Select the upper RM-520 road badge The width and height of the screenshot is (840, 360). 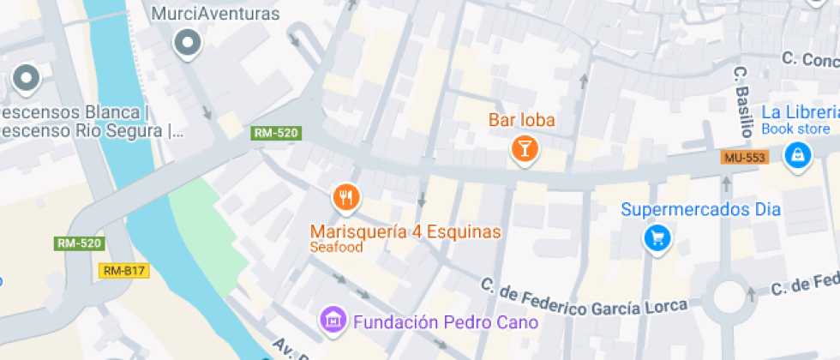click(x=276, y=133)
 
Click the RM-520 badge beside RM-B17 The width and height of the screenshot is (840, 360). click(x=79, y=243)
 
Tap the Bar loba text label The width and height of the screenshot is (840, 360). click(x=522, y=120)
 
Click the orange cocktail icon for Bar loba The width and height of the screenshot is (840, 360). click(x=523, y=148)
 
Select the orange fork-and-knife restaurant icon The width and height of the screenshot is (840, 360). click(x=345, y=198)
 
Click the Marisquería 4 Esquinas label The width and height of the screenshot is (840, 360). click(x=405, y=231)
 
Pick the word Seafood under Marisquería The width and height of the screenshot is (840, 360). click(x=337, y=248)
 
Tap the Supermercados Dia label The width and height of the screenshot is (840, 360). click(x=700, y=209)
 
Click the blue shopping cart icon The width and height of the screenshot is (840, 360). click(x=657, y=237)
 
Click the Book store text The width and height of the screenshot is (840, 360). click(x=796, y=129)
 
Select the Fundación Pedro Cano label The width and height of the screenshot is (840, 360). click(x=446, y=322)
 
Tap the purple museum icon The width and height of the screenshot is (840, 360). click(x=332, y=321)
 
